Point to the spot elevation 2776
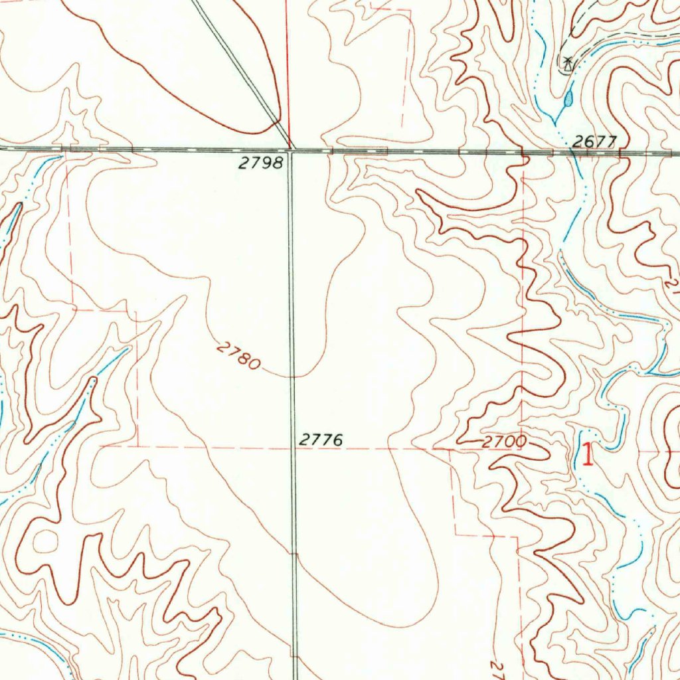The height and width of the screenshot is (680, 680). (x=321, y=440)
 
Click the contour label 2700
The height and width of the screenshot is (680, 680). (x=504, y=441)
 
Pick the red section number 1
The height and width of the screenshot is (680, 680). (x=587, y=456)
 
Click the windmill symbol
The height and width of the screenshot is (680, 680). (x=567, y=64)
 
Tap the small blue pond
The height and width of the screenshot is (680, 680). (x=568, y=100)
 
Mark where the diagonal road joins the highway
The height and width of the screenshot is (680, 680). (x=290, y=147)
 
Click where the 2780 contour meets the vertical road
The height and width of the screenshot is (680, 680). (x=292, y=376)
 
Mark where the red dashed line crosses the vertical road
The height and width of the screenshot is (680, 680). (x=293, y=448)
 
